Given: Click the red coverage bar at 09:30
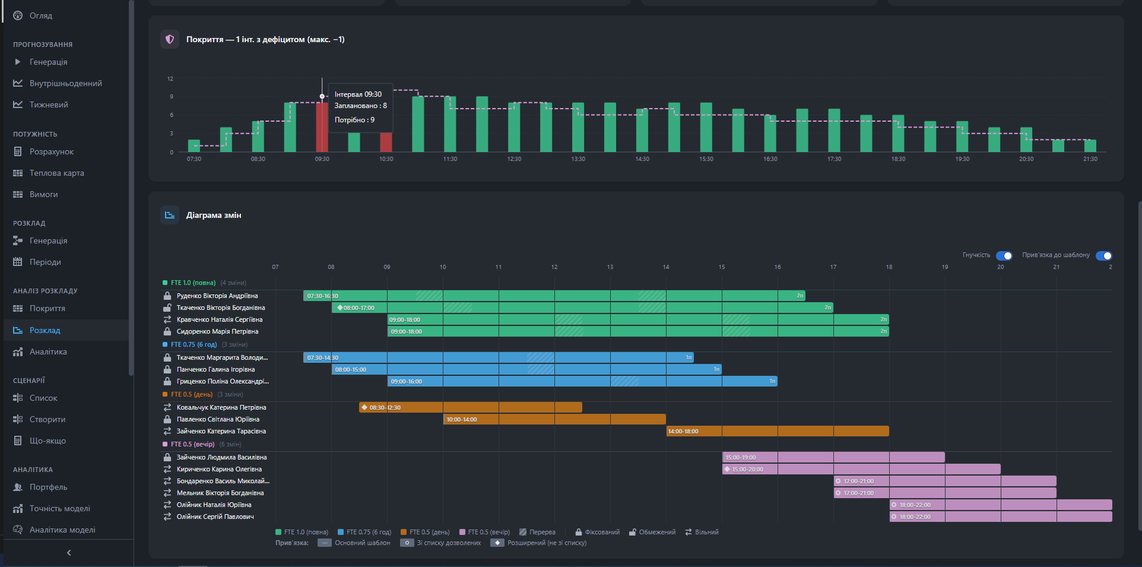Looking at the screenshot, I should click(x=322, y=128).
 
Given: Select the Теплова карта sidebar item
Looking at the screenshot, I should click(x=56, y=173).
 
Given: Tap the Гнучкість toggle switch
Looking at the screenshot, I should click(x=1004, y=256).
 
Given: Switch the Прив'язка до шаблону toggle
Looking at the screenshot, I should click(x=1103, y=256).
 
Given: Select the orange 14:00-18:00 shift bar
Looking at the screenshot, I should click(x=777, y=431).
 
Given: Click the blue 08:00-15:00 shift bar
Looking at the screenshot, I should click(x=526, y=369).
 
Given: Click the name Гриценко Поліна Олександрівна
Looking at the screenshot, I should click(x=223, y=381).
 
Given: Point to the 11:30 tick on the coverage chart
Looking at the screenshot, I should click(x=450, y=159).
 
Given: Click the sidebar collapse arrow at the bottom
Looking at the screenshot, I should click(x=69, y=553).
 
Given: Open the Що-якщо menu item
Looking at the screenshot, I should click(x=47, y=441).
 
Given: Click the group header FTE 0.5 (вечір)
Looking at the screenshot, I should click(x=192, y=444).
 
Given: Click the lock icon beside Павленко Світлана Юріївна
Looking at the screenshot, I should click(x=167, y=419).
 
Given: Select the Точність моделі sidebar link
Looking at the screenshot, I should click(x=59, y=508).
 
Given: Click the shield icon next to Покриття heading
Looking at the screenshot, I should click(x=170, y=39).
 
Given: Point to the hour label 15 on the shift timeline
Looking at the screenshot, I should click(x=721, y=267).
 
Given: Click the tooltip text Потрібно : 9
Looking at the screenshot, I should click(x=354, y=120).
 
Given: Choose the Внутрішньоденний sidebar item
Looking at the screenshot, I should click(x=65, y=83).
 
